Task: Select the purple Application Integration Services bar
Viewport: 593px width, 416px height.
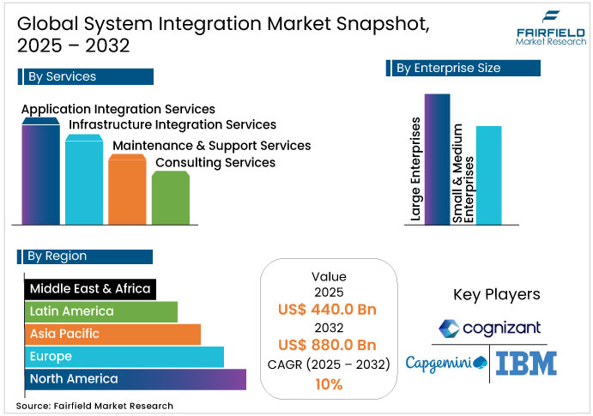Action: pyautogui.click(x=40, y=172)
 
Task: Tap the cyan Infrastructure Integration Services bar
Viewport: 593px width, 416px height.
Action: pyautogui.click(x=83, y=180)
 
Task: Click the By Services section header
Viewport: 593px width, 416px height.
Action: pyautogui.click(x=85, y=76)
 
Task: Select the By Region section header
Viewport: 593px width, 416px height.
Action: pyautogui.click(x=85, y=256)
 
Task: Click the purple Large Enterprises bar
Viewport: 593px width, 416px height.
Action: pyautogui.click(x=437, y=159)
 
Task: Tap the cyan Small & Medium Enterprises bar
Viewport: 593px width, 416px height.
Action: pyautogui.click(x=488, y=176)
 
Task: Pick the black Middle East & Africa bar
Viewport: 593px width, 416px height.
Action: pyautogui.click(x=89, y=289)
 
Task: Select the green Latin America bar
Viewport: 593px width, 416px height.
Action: pyautogui.click(x=101, y=311)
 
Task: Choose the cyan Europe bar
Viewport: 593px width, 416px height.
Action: pyautogui.click(x=124, y=356)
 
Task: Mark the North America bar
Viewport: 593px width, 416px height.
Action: pyautogui.click(x=136, y=378)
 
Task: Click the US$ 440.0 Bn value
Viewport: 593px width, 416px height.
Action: pyautogui.click(x=329, y=309)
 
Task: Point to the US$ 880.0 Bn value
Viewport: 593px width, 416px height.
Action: pyautogui.click(x=329, y=345)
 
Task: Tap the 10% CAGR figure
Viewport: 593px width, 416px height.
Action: pyautogui.click(x=329, y=384)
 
